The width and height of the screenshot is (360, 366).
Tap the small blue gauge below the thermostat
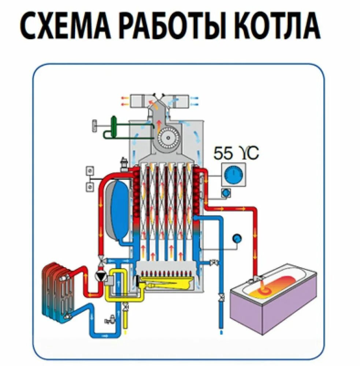click(x=226, y=192)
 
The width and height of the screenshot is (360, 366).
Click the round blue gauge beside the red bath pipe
click(x=237, y=238)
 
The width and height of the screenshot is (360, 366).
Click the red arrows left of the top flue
click(x=125, y=101)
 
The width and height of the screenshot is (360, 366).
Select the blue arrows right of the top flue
click(x=194, y=101)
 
